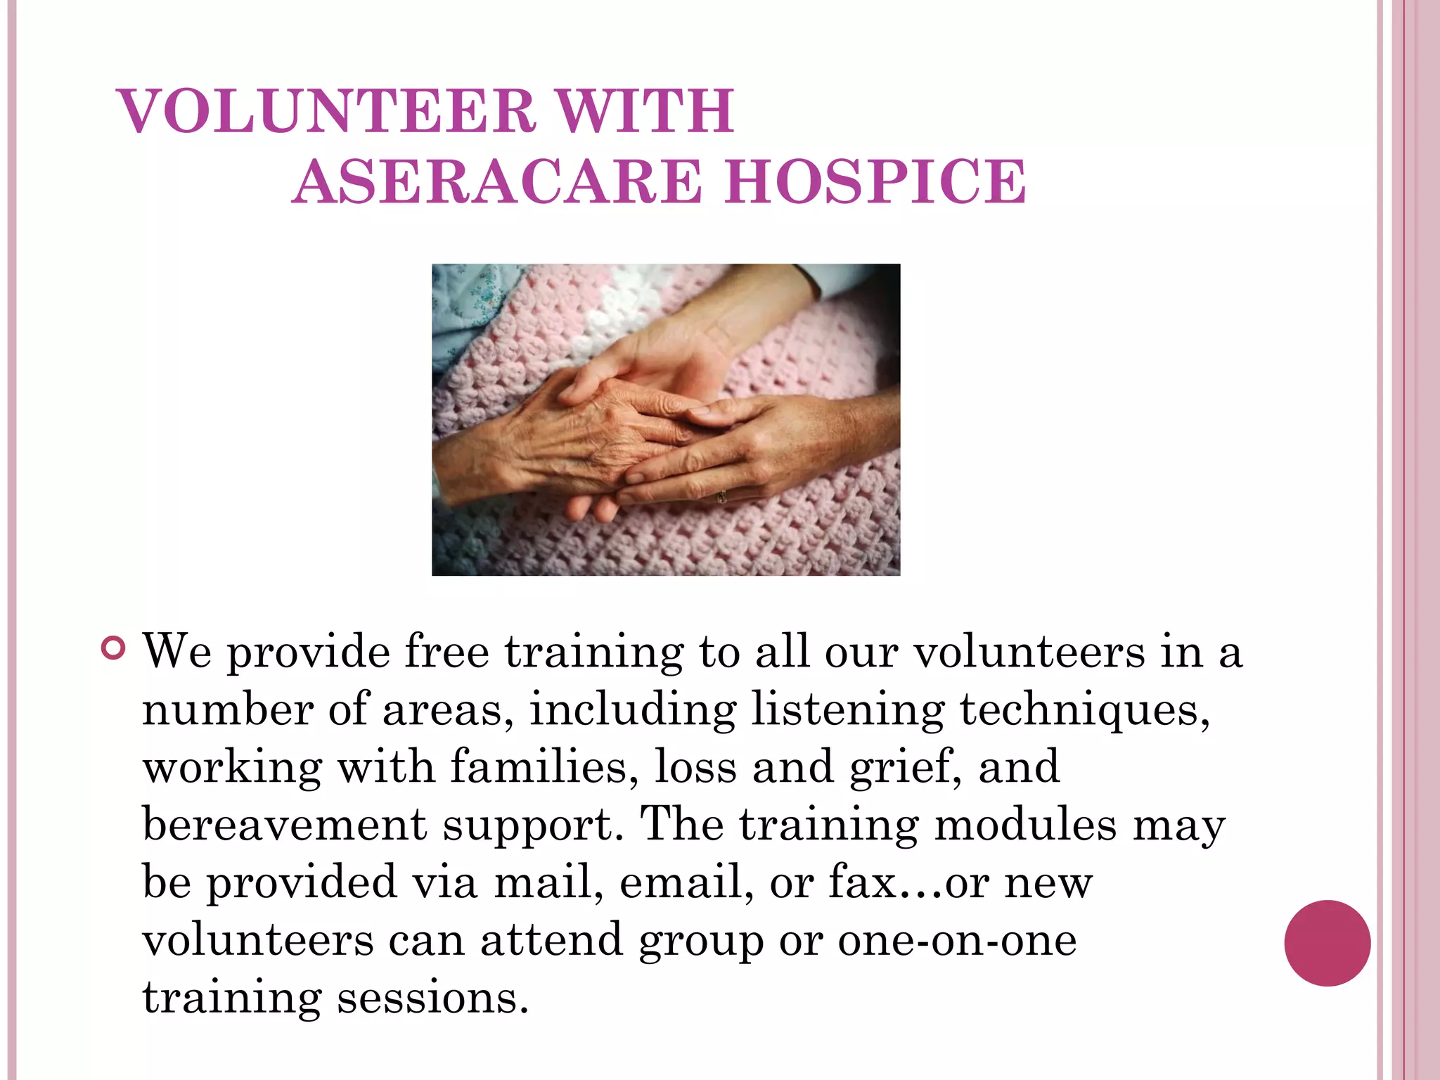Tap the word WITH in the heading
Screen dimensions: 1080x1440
click(x=645, y=111)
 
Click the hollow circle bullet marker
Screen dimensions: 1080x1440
click(x=113, y=648)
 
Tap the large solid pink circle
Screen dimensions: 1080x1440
click(x=1327, y=943)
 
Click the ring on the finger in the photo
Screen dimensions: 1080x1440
click(x=721, y=496)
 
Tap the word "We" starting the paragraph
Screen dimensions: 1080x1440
click(x=177, y=651)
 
